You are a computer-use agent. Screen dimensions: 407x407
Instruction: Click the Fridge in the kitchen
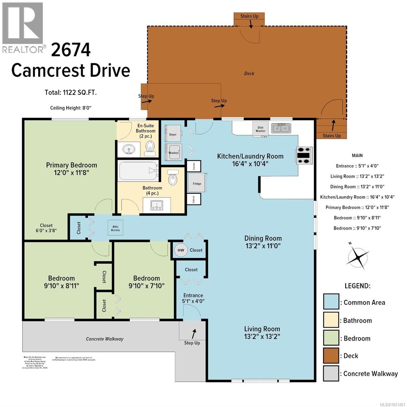click(x=197, y=183)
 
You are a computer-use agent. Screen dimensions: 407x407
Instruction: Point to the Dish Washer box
click(x=260, y=129)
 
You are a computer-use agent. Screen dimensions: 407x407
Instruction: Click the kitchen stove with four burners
click(x=304, y=155)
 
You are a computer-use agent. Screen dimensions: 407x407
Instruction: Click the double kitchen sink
click(x=281, y=128)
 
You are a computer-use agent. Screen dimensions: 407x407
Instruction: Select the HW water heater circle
click(x=181, y=250)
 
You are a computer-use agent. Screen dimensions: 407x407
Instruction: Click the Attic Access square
click(x=115, y=228)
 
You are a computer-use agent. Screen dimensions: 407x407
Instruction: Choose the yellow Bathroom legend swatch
click(x=331, y=321)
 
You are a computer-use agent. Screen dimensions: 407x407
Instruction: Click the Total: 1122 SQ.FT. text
click(x=71, y=92)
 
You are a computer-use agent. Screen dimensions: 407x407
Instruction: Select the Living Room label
click(x=262, y=329)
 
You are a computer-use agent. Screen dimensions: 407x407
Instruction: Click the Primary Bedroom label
click(x=72, y=165)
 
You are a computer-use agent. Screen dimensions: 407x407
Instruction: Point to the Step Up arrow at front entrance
click(x=194, y=334)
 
